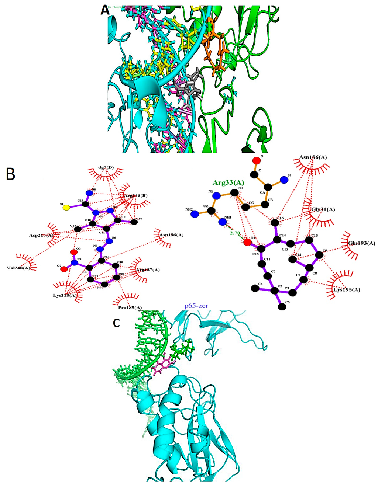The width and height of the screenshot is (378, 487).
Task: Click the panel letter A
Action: click(x=105, y=10)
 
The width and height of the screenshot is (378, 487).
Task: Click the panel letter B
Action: click(x=10, y=174)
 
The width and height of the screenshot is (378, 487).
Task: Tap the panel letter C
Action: click(x=116, y=323)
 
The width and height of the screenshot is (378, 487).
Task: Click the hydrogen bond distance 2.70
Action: click(x=235, y=233)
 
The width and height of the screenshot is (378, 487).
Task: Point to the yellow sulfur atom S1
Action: click(x=66, y=208)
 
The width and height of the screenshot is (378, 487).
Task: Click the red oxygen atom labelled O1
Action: click(x=247, y=242)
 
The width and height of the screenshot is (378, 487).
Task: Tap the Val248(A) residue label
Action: click(x=19, y=268)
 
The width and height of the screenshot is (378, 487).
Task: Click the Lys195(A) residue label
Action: click(x=347, y=289)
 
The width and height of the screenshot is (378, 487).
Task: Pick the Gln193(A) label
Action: click(x=362, y=243)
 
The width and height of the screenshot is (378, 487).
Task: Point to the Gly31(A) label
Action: click(x=323, y=209)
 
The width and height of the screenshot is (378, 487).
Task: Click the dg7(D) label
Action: click(x=106, y=168)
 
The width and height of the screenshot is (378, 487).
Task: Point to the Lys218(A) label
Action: click(x=65, y=295)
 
